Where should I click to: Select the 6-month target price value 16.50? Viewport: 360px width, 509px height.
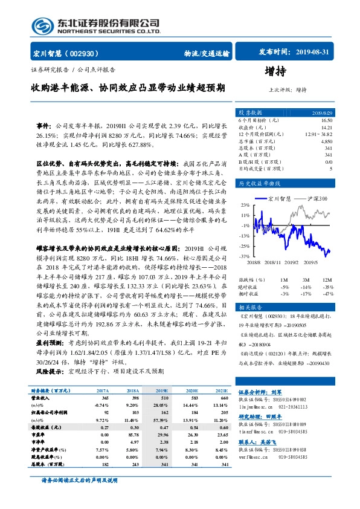[x=326, y=121]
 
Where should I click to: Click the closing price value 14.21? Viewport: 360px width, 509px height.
[x=326, y=128]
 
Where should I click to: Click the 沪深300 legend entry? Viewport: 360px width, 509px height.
[x=313, y=198]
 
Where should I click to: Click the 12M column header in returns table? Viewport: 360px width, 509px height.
[x=329, y=280]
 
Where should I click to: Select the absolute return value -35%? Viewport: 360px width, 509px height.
[x=328, y=287]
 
